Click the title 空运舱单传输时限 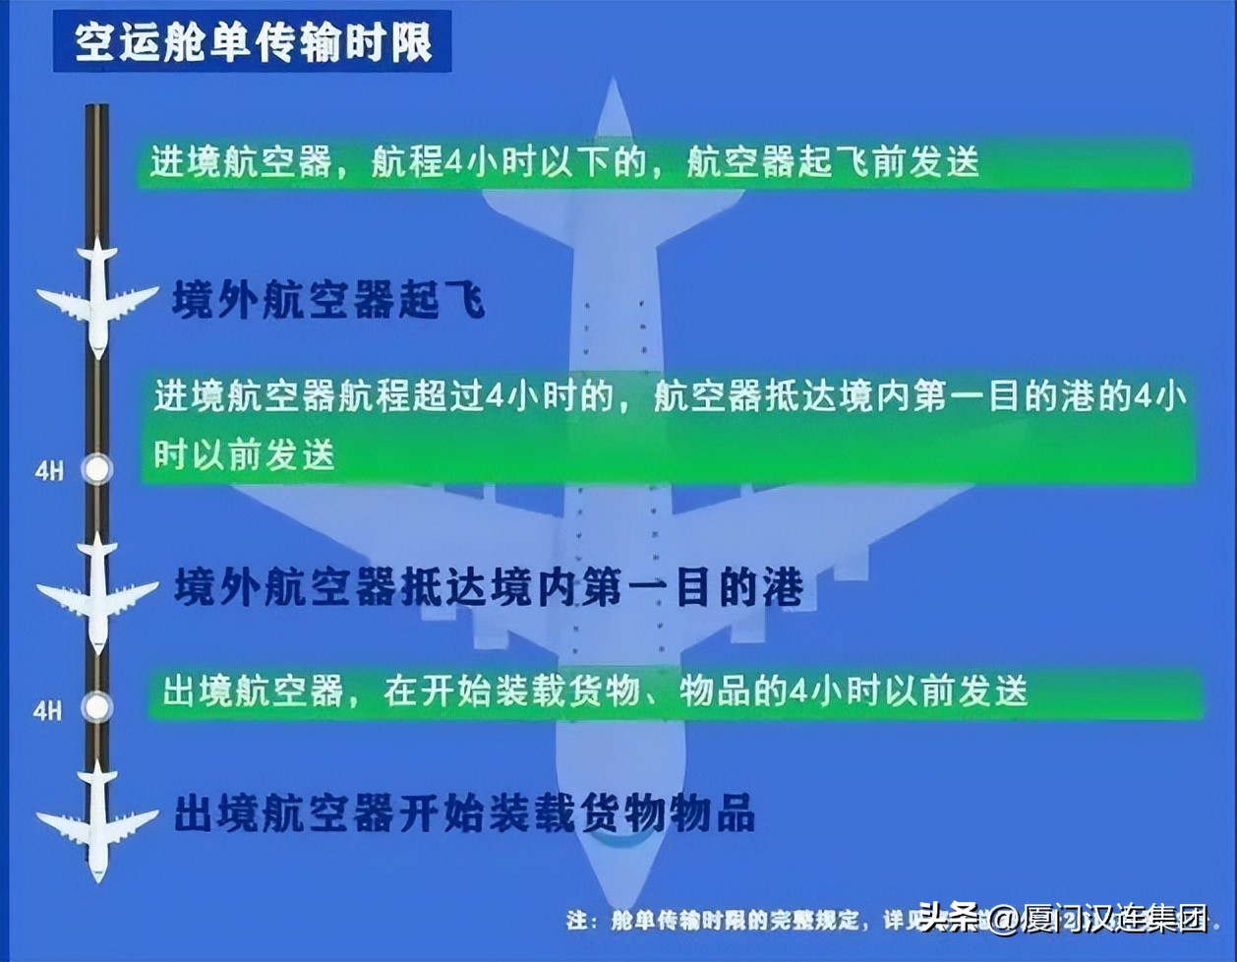pos(253,41)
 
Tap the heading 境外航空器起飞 pos(328,298)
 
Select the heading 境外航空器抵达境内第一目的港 pos(489,587)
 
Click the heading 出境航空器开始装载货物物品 pos(465,814)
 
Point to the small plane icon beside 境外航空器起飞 pos(96,296)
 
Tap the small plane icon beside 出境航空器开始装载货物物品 pos(96,819)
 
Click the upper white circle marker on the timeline pos(96,469)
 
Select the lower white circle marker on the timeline pos(96,706)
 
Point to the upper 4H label pos(49,471)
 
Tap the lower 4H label pos(47,709)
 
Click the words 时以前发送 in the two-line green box pos(244,454)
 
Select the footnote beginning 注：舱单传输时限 pos(737,921)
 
